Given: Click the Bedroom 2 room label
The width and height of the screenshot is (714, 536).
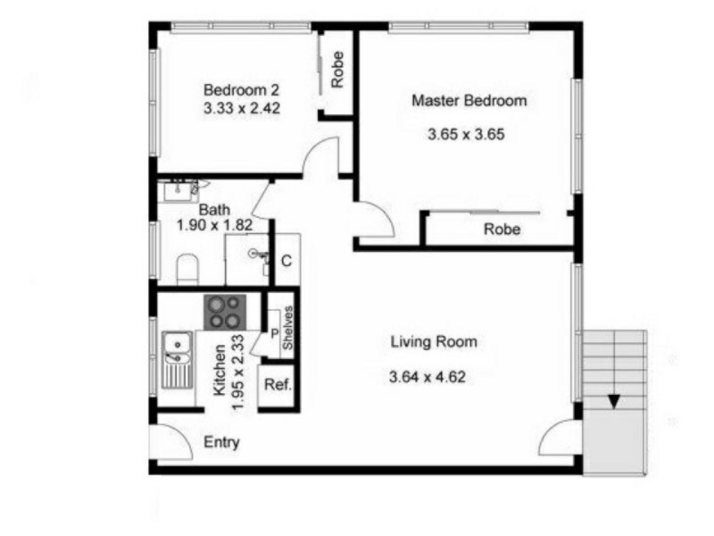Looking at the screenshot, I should pos(242,90).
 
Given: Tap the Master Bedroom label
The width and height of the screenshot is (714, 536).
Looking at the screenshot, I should pos(469,100).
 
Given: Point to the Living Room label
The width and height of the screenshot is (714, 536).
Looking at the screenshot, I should pos(434,341).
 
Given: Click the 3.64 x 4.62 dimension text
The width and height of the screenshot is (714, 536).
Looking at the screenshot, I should pos(428,377).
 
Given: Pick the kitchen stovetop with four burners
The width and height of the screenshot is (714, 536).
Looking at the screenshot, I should pos(224,312).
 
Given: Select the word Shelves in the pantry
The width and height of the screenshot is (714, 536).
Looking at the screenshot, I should pos(287,328).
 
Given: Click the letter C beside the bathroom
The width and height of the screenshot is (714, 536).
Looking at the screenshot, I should pos(286,261).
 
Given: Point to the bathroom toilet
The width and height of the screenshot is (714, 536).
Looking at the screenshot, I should pos(187,269).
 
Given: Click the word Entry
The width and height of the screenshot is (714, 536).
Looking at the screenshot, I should pos(221,442).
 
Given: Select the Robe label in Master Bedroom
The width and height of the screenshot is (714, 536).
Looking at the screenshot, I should pos(502,230).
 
